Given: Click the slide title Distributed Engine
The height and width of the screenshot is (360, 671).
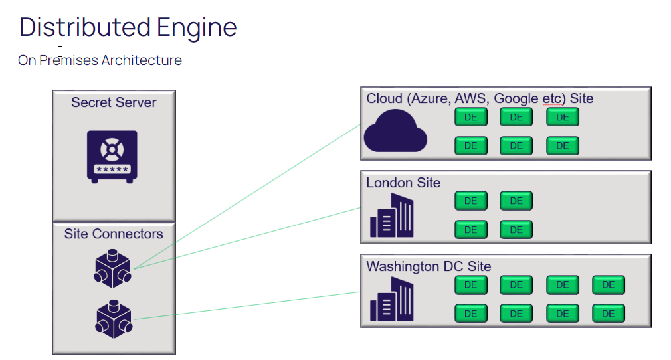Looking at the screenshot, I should [x=128, y=27].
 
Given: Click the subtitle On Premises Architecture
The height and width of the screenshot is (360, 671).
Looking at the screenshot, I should [x=100, y=60].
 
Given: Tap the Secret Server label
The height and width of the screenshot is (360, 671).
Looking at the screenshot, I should [x=114, y=103].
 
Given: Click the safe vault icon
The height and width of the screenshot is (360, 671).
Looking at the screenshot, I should [x=112, y=156].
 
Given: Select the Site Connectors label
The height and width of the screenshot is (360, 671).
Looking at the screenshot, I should [x=114, y=234].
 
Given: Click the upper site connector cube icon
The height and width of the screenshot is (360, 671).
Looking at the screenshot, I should [x=112, y=268].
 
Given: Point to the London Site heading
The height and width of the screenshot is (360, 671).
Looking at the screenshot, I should [x=403, y=183].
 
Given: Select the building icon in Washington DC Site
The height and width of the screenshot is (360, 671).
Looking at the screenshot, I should [x=391, y=300].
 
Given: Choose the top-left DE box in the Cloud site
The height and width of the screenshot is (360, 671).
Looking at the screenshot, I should [x=470, y=118].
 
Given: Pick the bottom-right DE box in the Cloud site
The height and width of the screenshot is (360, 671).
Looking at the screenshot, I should [x=563, y=145].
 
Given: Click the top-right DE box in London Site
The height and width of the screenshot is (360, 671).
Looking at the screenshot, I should [x=516, y=201].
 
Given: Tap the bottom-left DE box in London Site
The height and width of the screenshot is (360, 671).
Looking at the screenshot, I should [x=470, y=230].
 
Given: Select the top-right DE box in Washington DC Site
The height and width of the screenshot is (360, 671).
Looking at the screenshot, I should [x=608, y=285].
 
